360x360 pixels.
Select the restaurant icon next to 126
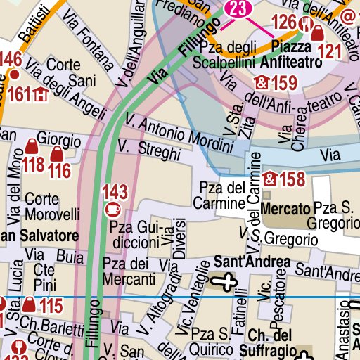305,22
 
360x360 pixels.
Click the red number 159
283,84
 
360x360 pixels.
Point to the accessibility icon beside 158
270,179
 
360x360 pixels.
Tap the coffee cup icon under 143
112,208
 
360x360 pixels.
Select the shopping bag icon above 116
58,154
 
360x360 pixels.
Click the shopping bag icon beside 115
29,305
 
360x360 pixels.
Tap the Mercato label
285,209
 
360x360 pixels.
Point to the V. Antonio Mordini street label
179,134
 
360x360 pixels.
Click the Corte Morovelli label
51,206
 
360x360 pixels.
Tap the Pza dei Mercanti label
129,271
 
